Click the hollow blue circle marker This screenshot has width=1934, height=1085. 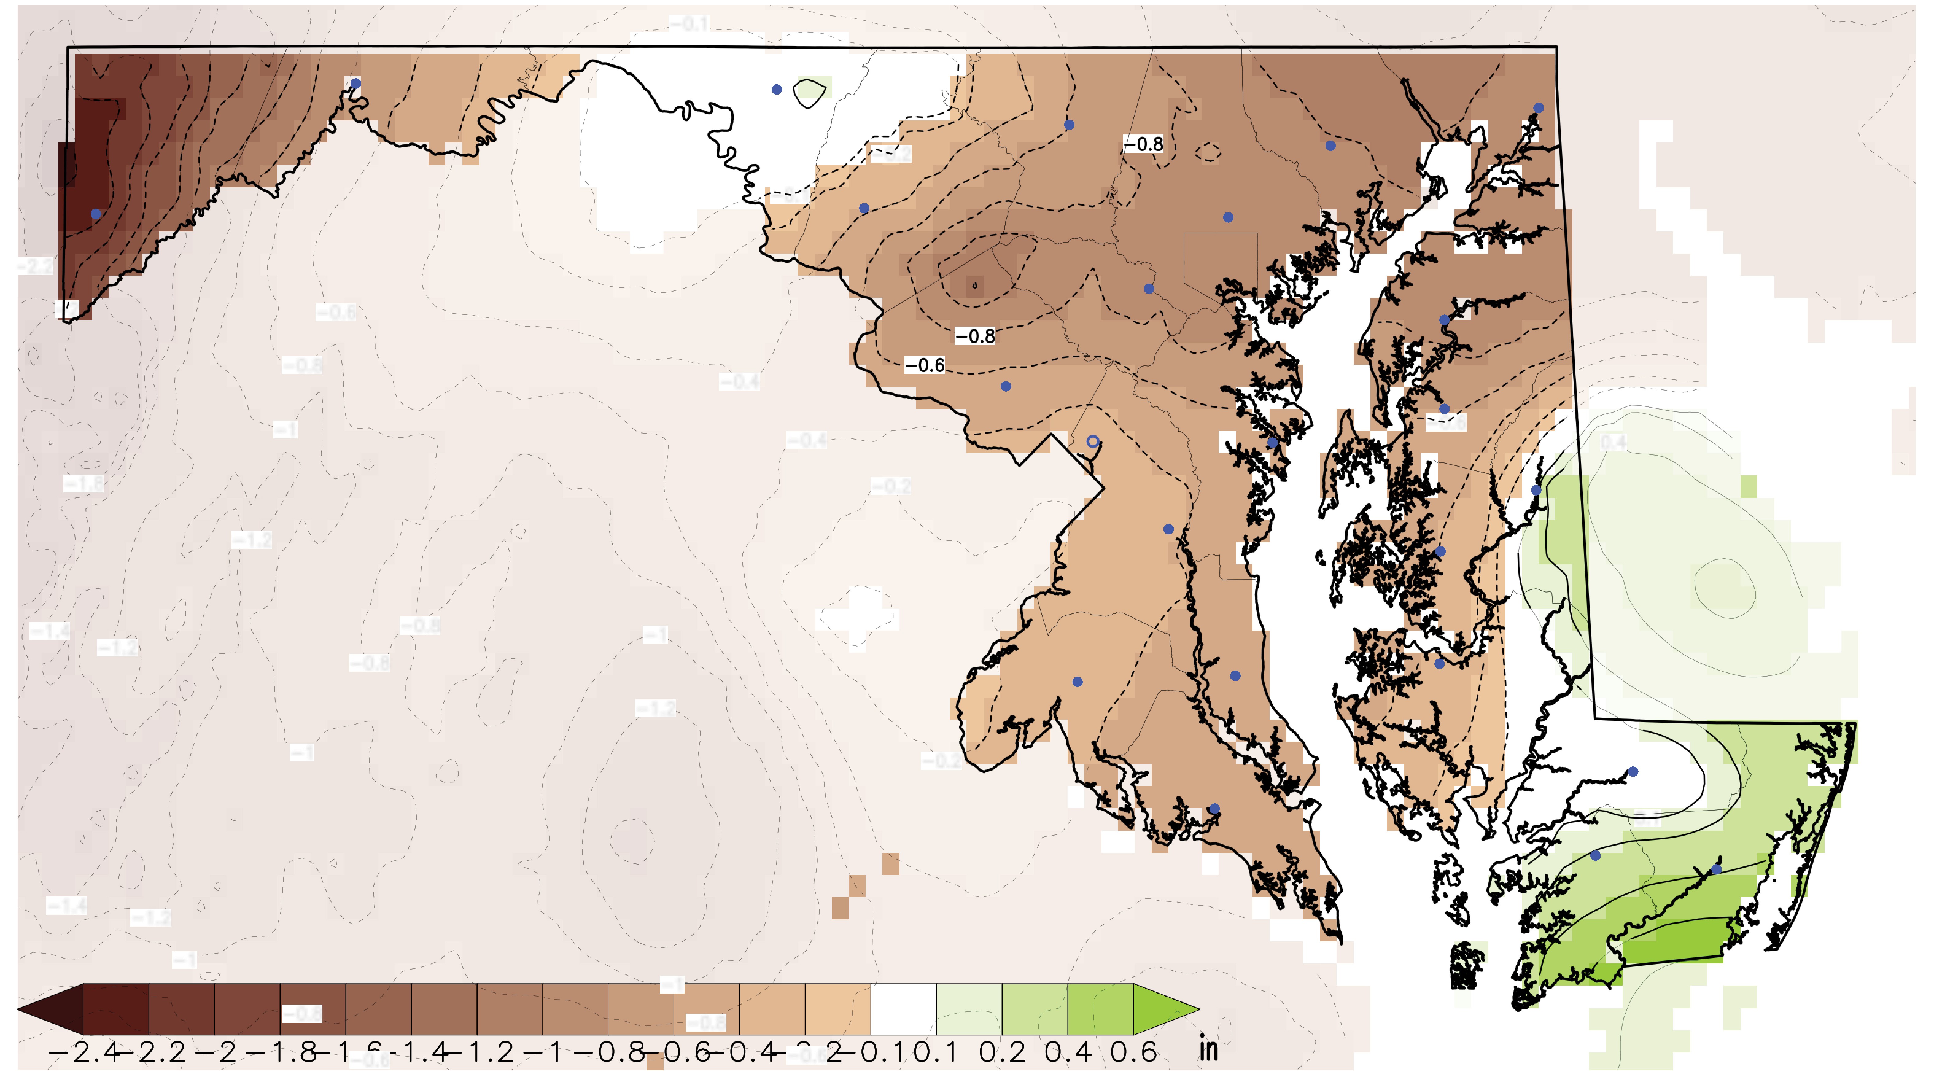[1093, 441]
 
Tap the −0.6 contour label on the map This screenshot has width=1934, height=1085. [924, 366]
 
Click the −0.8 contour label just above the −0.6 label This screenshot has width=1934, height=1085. [975, 336]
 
